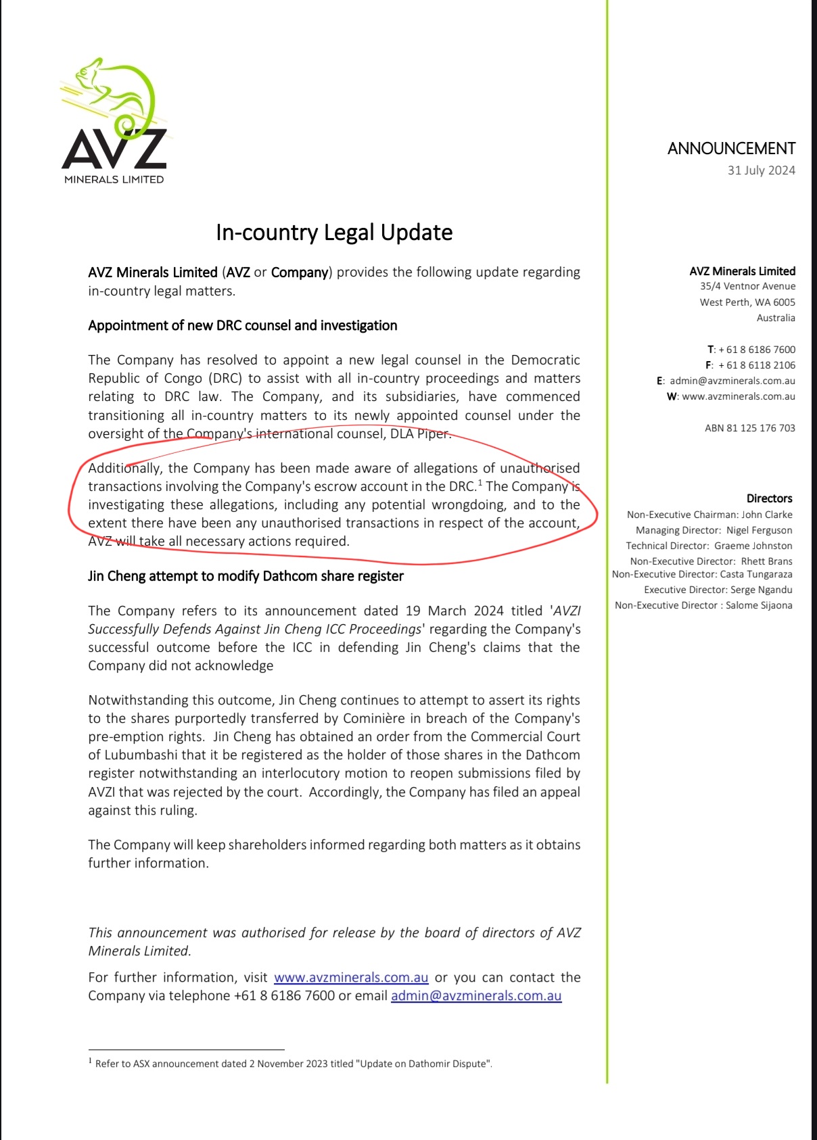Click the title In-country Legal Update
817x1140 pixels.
click(x=334, y=233)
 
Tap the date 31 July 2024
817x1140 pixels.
click(x=761, y=170)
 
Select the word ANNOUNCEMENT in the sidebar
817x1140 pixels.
click(x=731, y=149)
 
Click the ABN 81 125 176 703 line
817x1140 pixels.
click(x=749, y=428)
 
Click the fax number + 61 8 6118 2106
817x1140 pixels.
click(x=756, y=365)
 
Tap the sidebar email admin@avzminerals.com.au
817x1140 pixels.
click(x=732, y=381)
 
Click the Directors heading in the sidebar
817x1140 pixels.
click(x=769, y=498)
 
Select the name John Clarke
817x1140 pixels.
click(x=766, y=515)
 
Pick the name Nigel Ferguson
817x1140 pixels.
click(x=759, y=530)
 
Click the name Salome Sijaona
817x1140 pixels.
click(x=759, y=605)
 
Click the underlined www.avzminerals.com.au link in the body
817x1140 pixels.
click(x=351, y=978)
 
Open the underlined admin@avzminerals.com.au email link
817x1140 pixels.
click(x=476, y=996)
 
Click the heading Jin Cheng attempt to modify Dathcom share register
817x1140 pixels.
click(x=246, y=576)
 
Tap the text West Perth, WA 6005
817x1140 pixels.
click(x=747, y=302)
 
